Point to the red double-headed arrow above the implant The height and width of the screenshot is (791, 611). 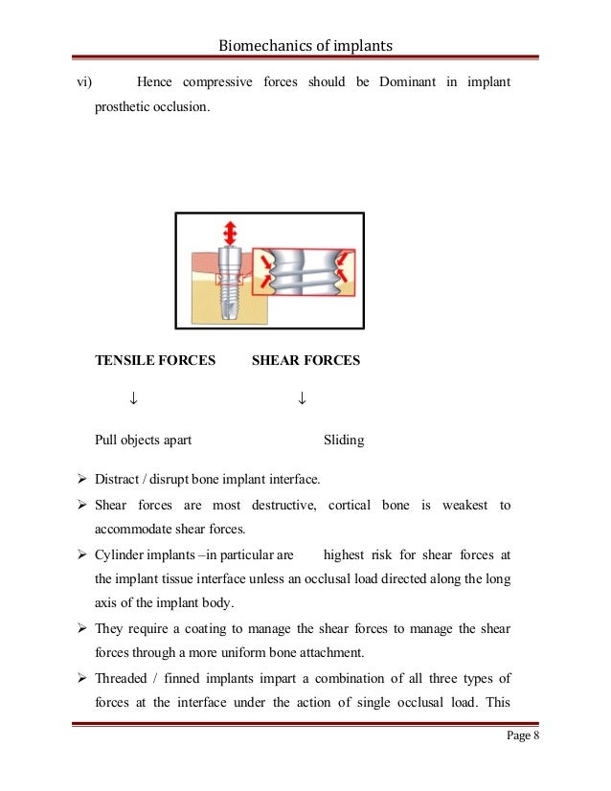[x=229, y=235]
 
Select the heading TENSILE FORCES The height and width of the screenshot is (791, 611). [x=155, y=361]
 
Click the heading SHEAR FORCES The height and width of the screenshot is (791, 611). [x=305, y=361]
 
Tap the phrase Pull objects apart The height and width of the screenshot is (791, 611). [x=143, y=441]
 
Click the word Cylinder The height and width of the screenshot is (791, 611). [x=121, y=554]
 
